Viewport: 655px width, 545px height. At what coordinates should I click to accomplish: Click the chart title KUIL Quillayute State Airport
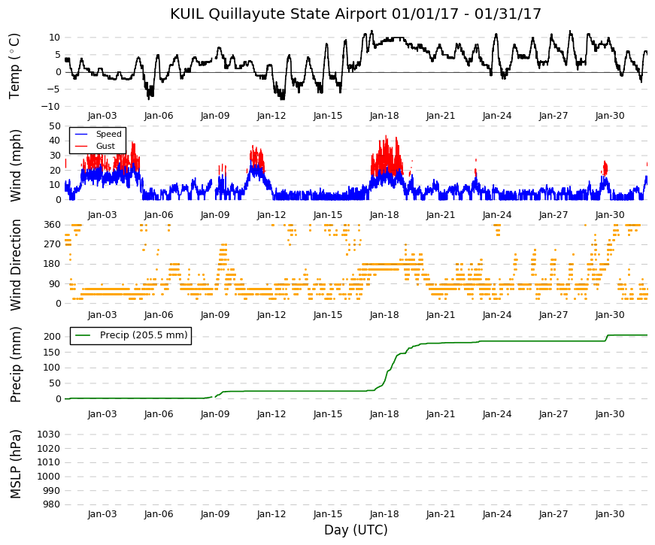coord(279,14)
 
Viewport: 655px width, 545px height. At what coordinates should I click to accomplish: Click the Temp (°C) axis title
coord(14,66)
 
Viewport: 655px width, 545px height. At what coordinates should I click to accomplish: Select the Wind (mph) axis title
coord(15,166)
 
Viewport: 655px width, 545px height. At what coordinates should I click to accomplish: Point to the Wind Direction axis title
coord(15,265)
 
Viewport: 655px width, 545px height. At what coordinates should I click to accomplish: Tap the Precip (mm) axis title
coord(15,365)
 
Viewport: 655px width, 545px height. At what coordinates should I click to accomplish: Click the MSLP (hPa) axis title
coord(15,464)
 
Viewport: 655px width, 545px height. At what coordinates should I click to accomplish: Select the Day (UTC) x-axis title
coord(356,530)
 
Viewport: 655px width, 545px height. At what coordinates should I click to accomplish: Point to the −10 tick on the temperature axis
coord(50,107)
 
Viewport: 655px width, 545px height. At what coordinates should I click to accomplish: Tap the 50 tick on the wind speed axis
coord(55,126)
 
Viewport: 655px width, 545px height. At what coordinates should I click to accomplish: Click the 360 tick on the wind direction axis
coord(53,225)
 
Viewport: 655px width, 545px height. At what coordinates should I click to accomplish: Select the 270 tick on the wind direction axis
coord(53,244)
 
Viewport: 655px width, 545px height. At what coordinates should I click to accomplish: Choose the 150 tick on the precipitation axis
coord(53,352)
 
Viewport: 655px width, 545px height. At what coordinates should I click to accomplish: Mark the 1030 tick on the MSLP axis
coord(48,434)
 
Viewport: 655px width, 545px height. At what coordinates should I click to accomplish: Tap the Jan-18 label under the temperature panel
coord(384,116)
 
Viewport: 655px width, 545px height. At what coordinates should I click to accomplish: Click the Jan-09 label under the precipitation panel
coord(215,414)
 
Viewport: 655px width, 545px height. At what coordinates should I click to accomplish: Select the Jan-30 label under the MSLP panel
coord(610,514)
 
